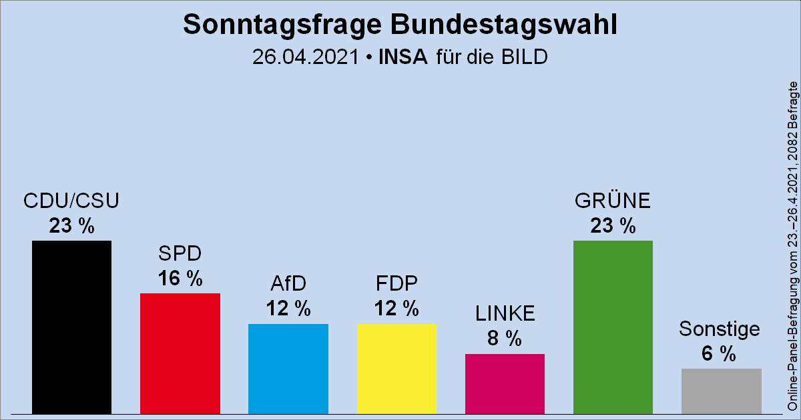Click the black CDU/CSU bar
[x=71, y=327]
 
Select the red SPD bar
[x=180, y=353]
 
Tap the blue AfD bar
[x=288, y=368]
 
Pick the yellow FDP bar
[x=396, y=368]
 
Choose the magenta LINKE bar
[x=505, y=383]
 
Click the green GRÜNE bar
[x=613, y=327]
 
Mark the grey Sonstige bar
[x=721, y=391]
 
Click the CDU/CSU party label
[x=71, y=201]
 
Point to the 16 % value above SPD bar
[x=180, y=279]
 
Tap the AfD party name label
[x=288, y=284]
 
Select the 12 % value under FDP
[x=396, y=309]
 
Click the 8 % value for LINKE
[x=505, y=339]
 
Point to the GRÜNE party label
[x=613, y=201]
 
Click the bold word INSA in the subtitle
[x=403, y=57]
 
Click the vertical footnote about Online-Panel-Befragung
[x=792, y=247]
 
